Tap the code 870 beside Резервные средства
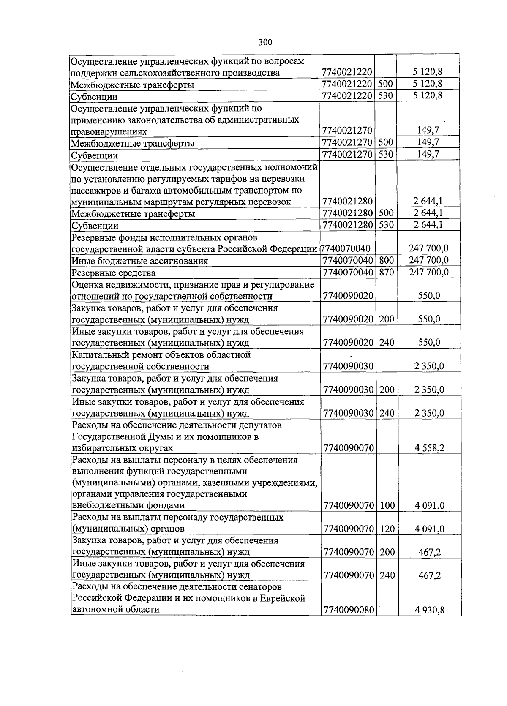coord(386,273)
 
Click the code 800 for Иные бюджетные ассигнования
coord(386,261)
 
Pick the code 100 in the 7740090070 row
coord(387,505)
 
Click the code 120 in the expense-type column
coord(387,529)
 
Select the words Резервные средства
coord(114,273)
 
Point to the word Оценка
coord(87,285)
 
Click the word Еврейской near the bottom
coord(283,598)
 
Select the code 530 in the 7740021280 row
coord(386,225)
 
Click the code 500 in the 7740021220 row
coord(386,84)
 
